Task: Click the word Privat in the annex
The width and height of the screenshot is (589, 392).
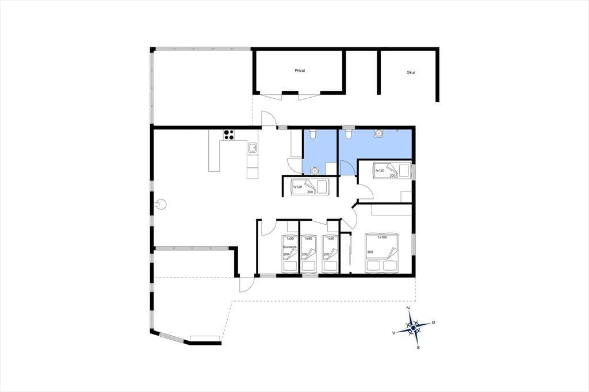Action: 300,71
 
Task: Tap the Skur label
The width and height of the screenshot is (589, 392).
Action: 411,72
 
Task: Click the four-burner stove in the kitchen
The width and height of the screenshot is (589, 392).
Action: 229,135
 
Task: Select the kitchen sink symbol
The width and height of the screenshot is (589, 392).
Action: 253,148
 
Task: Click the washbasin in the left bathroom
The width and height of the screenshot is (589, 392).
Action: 314,171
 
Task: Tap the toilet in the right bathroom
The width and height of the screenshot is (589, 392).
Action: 348,133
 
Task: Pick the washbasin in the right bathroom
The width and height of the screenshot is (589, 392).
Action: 378,133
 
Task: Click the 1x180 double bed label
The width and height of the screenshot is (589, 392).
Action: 382,237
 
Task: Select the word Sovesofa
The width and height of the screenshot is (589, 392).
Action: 290,247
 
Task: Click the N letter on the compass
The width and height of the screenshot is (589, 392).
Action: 408,308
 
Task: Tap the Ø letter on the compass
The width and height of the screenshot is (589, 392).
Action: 433,322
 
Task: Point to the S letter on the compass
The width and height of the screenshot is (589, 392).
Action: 418,348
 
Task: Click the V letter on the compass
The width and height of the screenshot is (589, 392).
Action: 393,333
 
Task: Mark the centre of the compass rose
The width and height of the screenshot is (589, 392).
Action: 413,328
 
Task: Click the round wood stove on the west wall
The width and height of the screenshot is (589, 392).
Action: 161,205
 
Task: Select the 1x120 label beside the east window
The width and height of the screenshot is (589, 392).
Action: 380,171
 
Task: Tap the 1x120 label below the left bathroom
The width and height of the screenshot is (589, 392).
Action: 297,187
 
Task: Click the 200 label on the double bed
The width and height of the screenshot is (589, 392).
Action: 370,252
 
